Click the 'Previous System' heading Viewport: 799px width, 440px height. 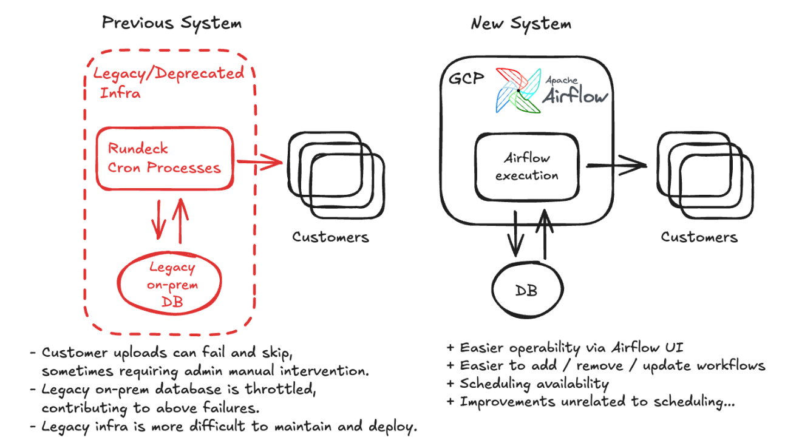[172, 24]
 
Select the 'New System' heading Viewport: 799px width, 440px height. [521, 24]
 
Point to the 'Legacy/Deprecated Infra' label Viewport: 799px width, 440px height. [168, 83]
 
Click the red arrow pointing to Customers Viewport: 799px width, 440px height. [259, 162]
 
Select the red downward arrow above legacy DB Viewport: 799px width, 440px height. [158, 219]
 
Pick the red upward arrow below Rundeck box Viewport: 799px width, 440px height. [181, 221]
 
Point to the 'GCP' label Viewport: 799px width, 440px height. [466, 78]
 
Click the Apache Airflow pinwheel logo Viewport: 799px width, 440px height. [518, 90]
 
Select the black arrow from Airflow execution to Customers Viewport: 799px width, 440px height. [616, 165]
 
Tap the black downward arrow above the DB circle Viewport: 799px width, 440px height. [515, 234]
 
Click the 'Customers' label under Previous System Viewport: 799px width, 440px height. [330, 237]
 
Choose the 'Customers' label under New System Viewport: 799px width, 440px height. [699, 237]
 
